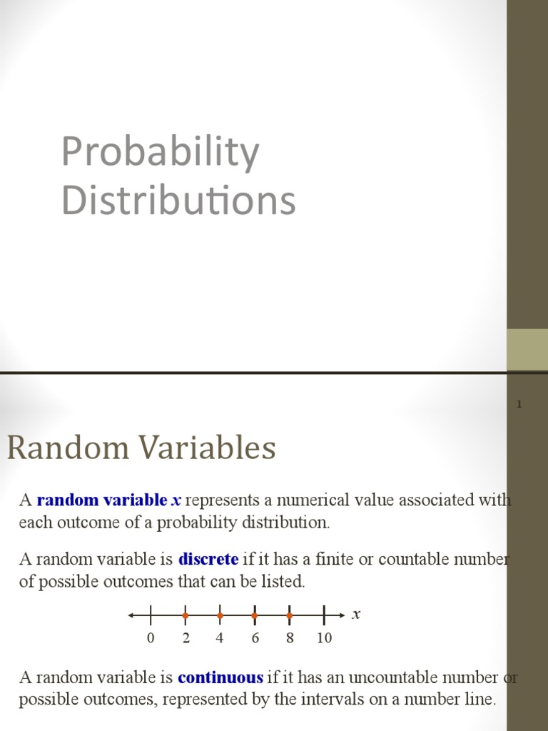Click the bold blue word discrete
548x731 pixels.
tap(208, 558)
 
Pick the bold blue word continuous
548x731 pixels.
tap(220, 677)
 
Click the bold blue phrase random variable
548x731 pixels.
tap(101, 500)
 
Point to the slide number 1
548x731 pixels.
tap(519, 405)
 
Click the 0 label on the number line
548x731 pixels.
tap(151, 638)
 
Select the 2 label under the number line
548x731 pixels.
tap(186, 638)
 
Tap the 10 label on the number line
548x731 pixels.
tap(324, 638)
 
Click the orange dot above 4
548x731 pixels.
tap(220, 615)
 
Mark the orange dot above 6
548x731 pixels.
tap(254, 615)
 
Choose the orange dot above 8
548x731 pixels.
tap(289, 615)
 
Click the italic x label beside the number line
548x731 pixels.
tap(356, 614)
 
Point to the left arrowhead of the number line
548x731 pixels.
tap(132, 615)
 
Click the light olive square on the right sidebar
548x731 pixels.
tap(527, 350)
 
